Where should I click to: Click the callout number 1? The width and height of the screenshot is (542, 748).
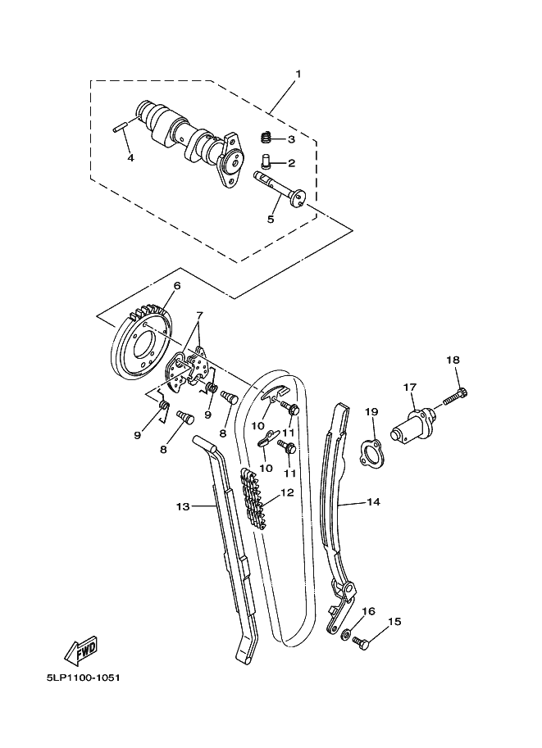click(x=298, y=75)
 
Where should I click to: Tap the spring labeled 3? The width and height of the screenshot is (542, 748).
click(x=265, y=138)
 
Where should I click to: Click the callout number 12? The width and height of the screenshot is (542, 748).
click(x=286, y=493)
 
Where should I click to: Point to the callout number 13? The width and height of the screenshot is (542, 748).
click(x=182, y=507)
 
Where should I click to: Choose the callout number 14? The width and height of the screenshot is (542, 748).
click(x=373, y=502)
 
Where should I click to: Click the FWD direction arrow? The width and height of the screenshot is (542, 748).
click(x=82, y=651)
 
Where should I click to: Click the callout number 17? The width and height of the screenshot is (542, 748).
click(x=410, y=386)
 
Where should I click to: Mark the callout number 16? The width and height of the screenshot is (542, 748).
click(x=368, y=611)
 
